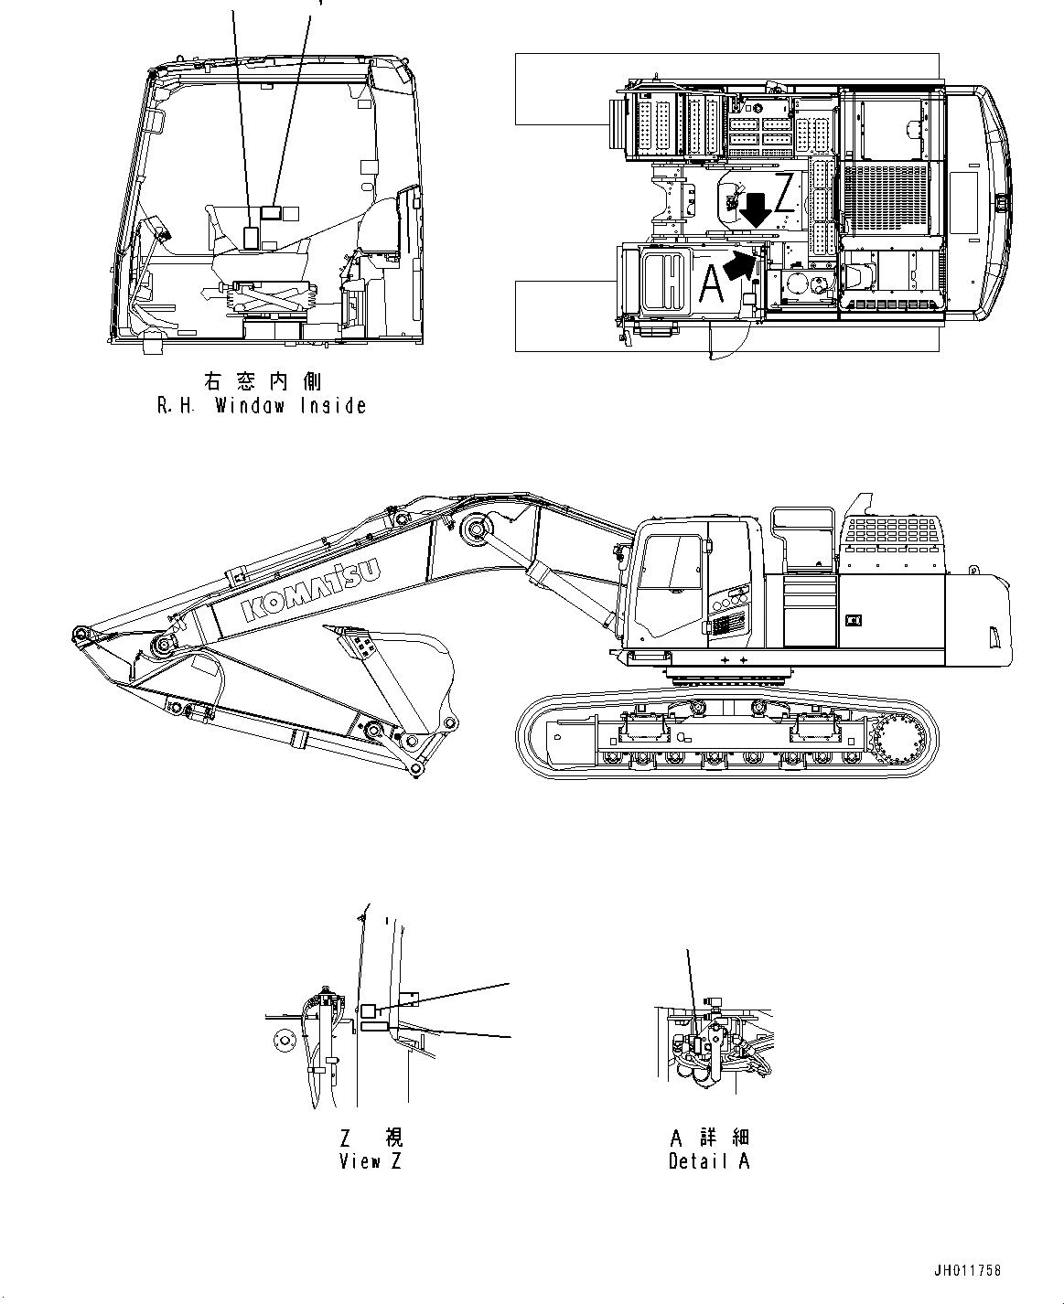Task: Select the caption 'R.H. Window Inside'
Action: coord(262,406)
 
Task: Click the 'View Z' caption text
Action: coord(370,1161)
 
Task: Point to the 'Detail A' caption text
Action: coord(709,1161)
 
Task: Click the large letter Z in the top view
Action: coord(784,194)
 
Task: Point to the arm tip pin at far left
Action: coord(80,634)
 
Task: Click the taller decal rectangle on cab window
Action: coord(251,235)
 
